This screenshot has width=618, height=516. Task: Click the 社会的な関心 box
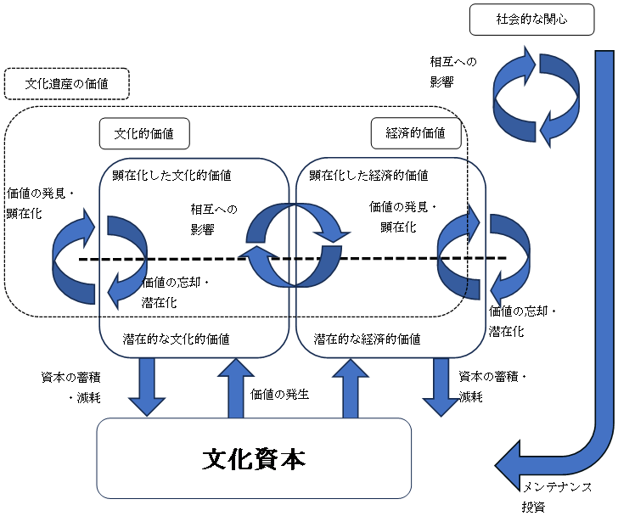(531, 20)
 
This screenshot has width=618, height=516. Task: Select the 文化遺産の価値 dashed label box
(66, 83)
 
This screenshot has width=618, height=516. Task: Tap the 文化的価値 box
(144, 133)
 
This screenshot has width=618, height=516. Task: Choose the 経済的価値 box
(416, 133)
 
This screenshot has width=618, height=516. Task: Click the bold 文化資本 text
(254, 459)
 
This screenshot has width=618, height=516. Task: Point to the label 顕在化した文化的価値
(171, 176)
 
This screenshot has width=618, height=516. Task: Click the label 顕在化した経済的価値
(368, 176)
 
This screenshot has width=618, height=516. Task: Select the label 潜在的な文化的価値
(177, 339)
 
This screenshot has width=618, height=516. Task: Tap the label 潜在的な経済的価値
(367, 339)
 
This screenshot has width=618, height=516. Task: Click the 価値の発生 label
(279, 394)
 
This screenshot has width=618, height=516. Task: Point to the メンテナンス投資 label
(557, 497)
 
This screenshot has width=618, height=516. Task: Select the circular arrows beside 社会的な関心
(536, 97)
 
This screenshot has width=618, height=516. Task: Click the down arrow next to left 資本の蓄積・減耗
(147, 387)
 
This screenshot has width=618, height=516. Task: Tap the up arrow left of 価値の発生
(236, 388)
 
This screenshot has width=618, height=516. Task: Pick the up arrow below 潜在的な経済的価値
(351, 388)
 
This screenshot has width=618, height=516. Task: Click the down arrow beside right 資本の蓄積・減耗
(441, 387)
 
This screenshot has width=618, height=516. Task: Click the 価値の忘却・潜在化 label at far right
(522, 322)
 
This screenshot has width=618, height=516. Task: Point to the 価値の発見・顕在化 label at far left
(40, 203)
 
